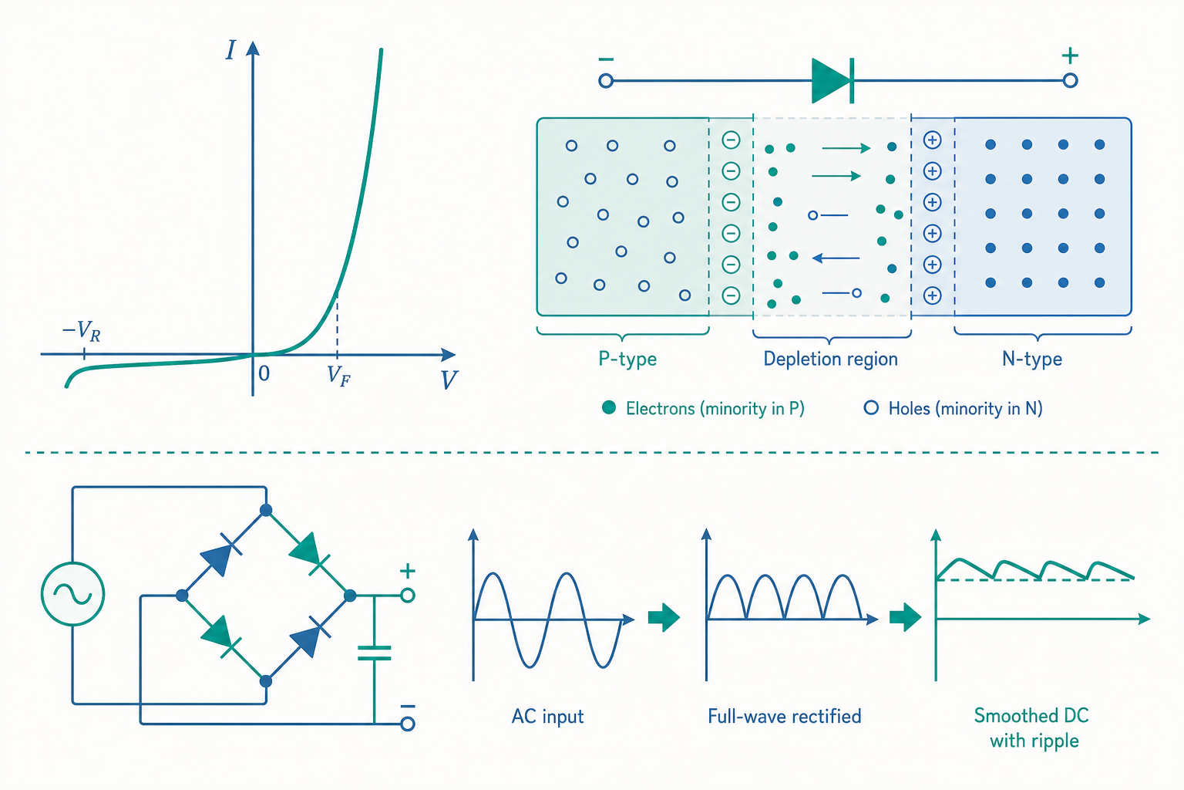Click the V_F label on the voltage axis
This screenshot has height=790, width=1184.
[x=339, y=376]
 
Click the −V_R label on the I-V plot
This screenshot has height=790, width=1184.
[x=82, y=331]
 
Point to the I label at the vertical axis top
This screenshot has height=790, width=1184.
[x=230, y=50]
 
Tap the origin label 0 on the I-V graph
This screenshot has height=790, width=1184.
[x=264, y=373]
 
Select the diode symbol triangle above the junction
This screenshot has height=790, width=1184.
[x=830, y=81]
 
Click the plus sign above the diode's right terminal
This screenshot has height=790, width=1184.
[x=1070, y=56]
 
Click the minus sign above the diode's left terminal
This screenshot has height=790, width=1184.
[x=606, y=59]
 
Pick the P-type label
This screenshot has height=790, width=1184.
[x=627, y=360]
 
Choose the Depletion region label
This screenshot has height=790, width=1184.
[x=830, y=359]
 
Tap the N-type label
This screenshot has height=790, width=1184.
[x=1032, y=360]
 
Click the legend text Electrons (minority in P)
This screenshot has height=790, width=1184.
[x=715, y=408]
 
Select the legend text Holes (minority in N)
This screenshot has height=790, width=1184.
[x=965, y=408]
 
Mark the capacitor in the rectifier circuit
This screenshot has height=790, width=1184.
[x=374, y=653]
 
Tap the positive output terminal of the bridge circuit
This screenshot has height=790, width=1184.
[x=408, y=596]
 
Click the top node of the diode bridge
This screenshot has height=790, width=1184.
[x=266, y=510]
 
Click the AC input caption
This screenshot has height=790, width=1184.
[x=547, y=717]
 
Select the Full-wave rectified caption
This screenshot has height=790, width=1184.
[x=785, y=717]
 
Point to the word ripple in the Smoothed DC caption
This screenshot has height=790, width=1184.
[x=1053, y=741]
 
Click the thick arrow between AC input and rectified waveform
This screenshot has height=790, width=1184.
[x=664, y=617]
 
